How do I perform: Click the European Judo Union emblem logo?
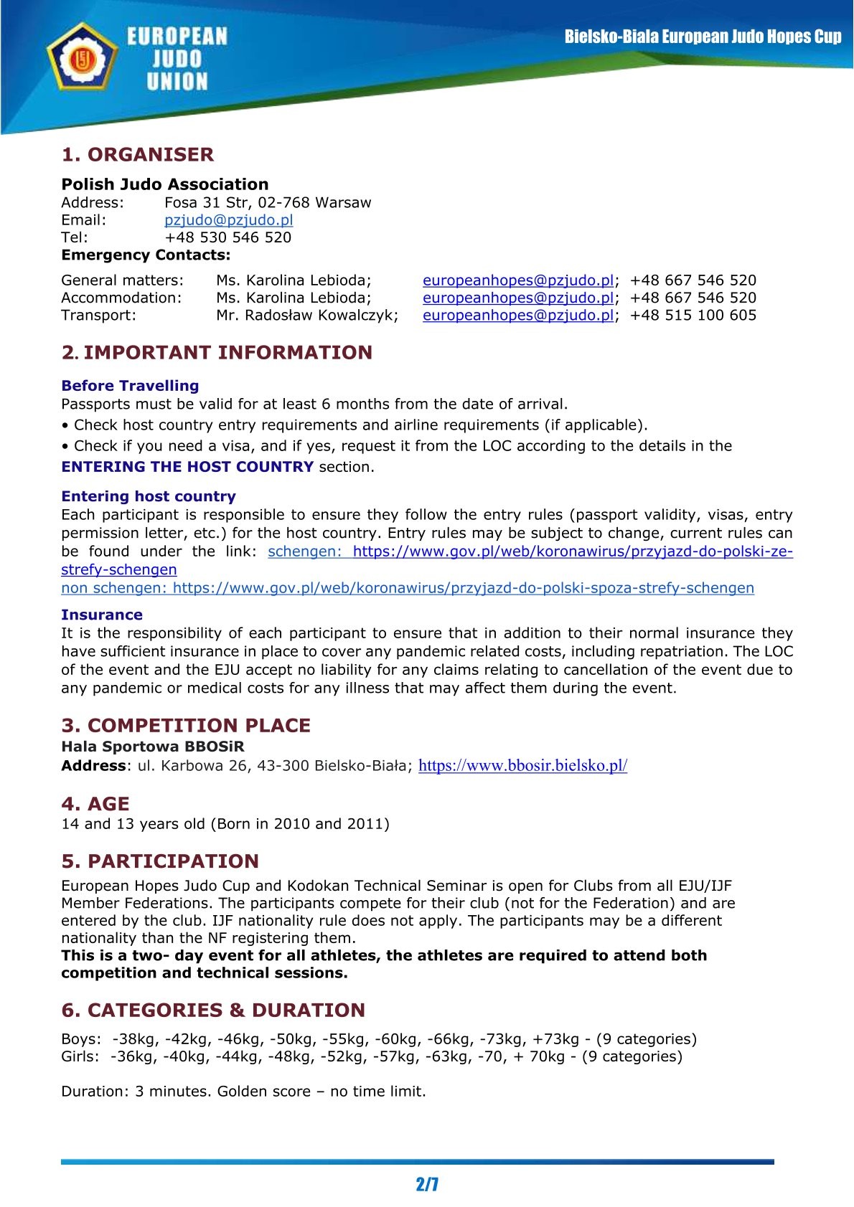(81, 58)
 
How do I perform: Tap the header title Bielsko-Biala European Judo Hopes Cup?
(702, 37)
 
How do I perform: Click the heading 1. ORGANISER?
(137, 154)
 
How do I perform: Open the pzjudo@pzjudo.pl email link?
(228, 220)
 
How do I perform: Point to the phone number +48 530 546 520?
(227, 237)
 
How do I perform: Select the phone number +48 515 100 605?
(693, 315)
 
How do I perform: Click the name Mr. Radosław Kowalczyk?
(306, 315)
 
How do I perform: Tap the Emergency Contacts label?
(146, 255)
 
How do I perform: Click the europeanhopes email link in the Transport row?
(517, 315)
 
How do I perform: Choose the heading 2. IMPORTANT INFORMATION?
(217, 352)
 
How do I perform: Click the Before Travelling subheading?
(130, 385)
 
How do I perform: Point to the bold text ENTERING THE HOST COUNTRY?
(187, 466)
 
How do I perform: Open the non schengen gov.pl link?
(407, 588)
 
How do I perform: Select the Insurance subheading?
(101, 615)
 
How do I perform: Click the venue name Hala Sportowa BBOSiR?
(152, 746)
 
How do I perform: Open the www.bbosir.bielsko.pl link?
(522, 765)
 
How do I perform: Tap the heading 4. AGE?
(95, 803)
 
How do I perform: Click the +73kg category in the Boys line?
(555, 1038)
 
